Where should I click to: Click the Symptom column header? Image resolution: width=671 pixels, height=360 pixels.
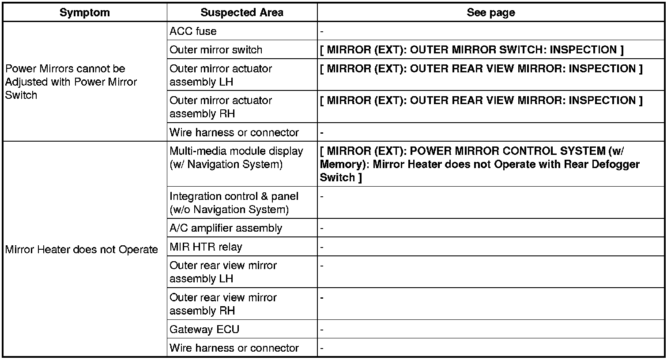[84, 12]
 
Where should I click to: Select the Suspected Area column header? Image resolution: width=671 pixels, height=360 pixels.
[241, 12]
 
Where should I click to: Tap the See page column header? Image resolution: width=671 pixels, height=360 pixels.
[490, 12]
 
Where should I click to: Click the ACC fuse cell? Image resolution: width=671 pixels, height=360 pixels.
[193, 31]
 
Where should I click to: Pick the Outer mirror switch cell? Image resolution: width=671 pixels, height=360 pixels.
[216, 50]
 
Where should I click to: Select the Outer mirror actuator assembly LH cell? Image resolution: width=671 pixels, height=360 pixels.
[220, 75]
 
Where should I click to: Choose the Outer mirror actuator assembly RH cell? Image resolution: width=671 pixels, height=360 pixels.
[220, 107]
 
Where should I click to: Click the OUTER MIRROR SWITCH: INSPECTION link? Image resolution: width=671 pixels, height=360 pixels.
[471, 50]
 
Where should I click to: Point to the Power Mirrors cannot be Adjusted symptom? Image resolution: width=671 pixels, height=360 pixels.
[71, 82]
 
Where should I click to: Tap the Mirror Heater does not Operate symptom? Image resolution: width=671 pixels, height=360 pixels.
[81, 250]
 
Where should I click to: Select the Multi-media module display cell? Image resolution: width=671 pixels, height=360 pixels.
[236, 157]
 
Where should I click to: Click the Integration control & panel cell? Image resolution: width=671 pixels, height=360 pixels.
[234, 202]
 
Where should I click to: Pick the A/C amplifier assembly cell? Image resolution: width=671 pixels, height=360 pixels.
[226, 228]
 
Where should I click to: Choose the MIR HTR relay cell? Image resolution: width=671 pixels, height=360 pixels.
[206, 247]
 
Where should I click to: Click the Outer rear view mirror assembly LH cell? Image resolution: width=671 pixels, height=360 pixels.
[223, 272]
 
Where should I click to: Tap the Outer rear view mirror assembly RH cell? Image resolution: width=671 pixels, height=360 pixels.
[223, 304]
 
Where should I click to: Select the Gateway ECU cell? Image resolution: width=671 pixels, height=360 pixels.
[204, 330]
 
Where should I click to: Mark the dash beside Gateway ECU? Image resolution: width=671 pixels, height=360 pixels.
[322, 330]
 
